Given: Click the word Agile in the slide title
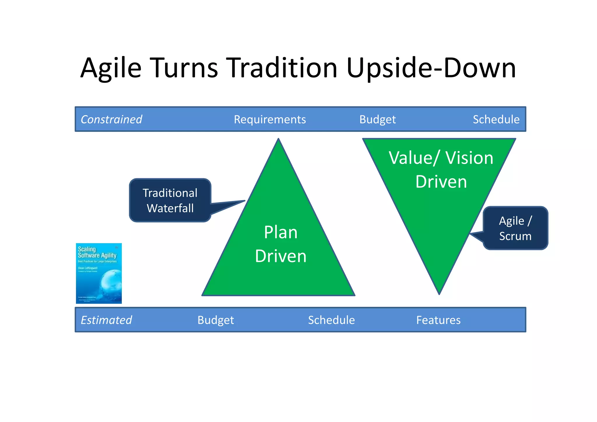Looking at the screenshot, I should (x=111, y=68).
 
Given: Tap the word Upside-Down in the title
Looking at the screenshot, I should (x=431, y=68).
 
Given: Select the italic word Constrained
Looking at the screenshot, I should (x=111, y=120).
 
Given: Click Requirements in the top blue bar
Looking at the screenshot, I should (x=270, y=120).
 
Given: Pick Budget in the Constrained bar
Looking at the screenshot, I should (x=377, y=120).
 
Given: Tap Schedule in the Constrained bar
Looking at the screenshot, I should (x=496, y=120).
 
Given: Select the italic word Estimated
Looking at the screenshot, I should (x=106, y=320).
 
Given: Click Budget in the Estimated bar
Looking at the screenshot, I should (x=216, y=320).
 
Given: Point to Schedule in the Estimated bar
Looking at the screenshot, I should (x=331, y=320).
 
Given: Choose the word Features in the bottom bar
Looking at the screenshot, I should (x=438, y=320).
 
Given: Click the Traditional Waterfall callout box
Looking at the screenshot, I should (x=170, y=200).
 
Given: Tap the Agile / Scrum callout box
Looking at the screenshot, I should (x=515, y=228).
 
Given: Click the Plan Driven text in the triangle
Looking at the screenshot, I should (x=281, y=244).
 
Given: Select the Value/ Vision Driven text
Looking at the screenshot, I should (x=441, y=170).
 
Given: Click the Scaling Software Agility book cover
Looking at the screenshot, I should (x=99, y=273).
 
